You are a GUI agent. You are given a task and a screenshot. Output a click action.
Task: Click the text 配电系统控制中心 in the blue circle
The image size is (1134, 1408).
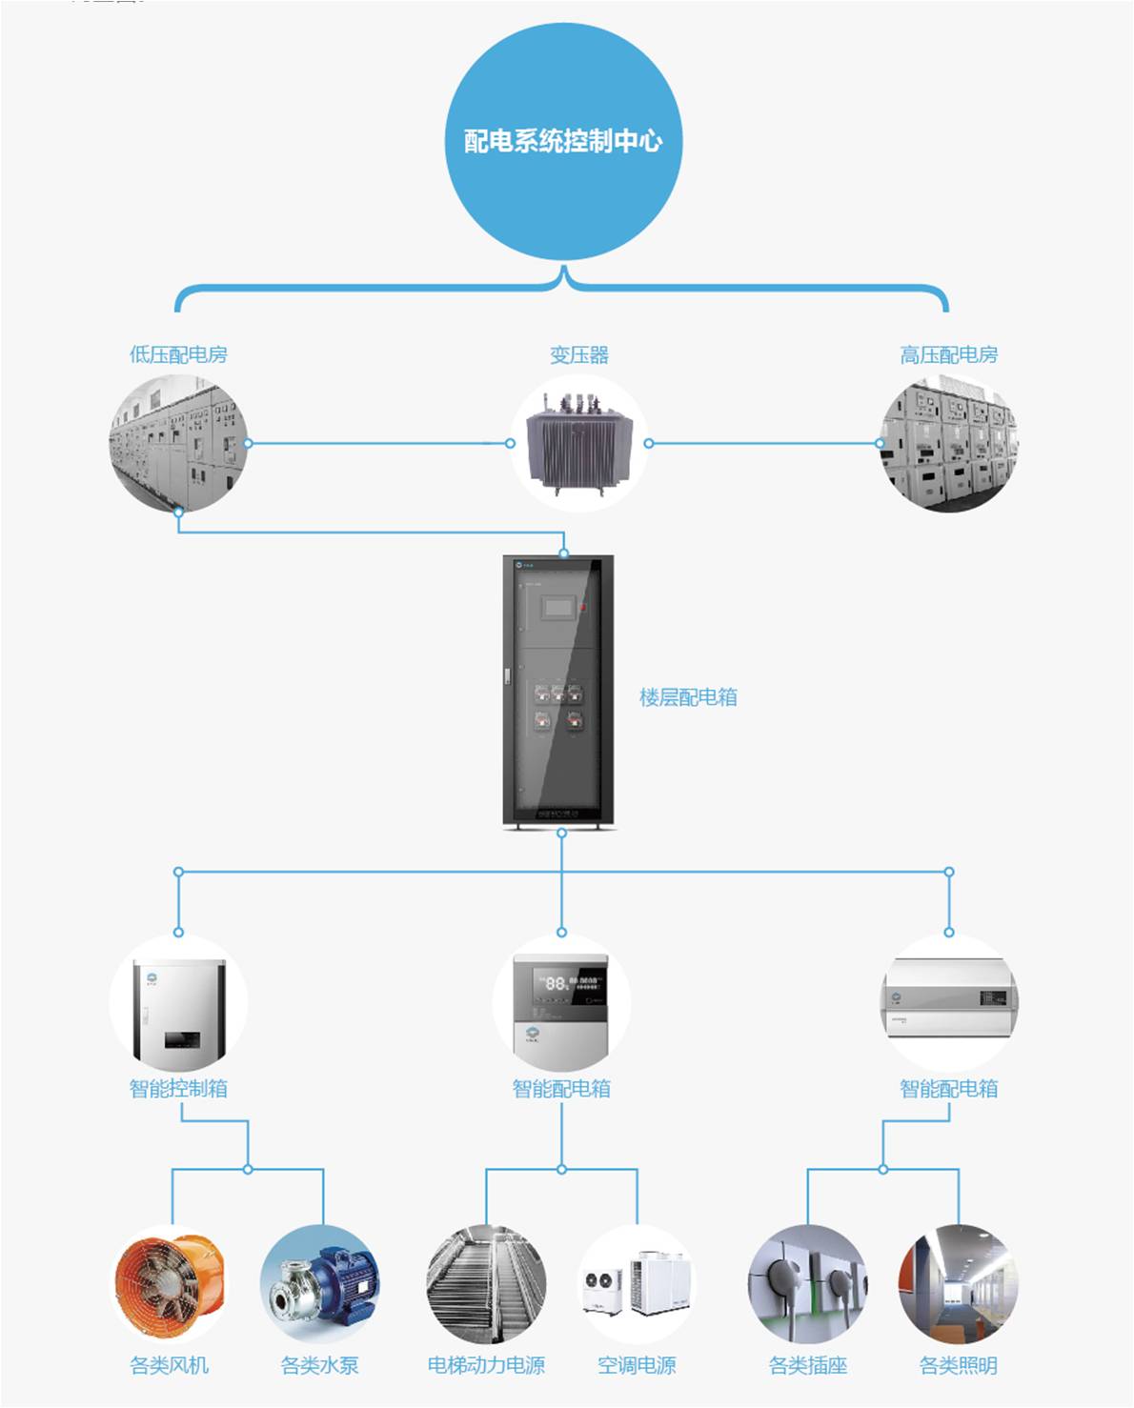pos(563,141)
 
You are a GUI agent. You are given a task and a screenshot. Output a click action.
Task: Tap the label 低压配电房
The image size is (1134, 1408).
pos(178,355)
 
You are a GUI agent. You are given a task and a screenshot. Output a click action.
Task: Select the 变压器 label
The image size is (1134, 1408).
pos(578,355)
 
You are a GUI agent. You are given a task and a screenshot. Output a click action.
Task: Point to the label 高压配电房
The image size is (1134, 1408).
pos(948,355)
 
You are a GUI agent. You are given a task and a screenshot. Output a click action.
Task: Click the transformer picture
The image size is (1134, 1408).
pos(578,444)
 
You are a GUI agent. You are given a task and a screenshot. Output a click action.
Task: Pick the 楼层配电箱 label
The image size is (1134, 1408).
pos(688,697)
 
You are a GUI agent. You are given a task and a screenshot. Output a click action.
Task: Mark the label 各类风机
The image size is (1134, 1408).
pos(170,1366)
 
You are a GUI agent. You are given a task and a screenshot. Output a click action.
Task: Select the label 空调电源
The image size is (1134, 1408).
pos(637,1366)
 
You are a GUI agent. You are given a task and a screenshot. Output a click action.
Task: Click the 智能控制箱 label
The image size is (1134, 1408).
pos(178,1089)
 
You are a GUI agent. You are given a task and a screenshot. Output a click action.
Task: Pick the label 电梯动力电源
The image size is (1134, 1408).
pos(486,1366)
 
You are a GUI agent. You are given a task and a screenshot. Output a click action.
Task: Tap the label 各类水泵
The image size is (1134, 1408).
pos(320,1366)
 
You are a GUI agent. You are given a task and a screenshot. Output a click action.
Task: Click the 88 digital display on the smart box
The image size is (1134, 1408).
pos(556,982)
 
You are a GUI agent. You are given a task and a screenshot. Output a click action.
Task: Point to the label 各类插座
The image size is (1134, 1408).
pos(808,1366)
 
